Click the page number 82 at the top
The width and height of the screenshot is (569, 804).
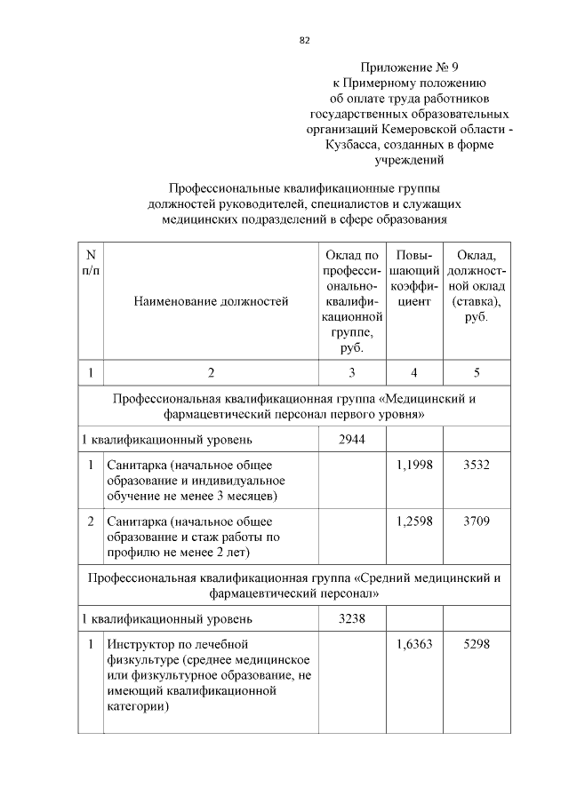[x=304, y=40]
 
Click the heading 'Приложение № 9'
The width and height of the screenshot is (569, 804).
[x=410, y=67]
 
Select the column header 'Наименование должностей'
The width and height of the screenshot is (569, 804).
[x=211, y=302]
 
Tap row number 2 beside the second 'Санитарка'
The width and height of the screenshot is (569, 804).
[x=91, y=521]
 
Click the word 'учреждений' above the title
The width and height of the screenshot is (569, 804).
[x=410, y=161]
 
